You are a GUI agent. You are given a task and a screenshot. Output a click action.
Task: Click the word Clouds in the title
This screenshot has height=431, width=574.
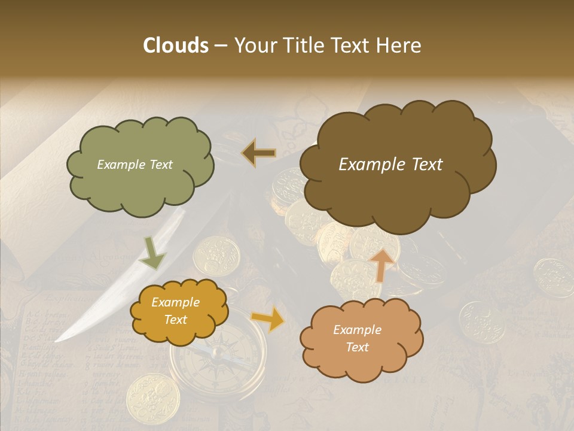pos(175,45)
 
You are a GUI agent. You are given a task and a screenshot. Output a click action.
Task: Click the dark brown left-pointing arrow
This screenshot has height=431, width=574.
pos(258,154)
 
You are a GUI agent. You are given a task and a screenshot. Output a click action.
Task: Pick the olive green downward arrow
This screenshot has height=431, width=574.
pos(152,254)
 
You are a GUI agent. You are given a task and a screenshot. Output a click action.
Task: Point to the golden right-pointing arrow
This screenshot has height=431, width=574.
pos(268,320)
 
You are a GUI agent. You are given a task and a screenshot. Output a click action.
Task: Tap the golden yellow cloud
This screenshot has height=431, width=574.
pos(179,311)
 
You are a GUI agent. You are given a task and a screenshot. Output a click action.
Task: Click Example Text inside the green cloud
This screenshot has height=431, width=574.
pos(135,165)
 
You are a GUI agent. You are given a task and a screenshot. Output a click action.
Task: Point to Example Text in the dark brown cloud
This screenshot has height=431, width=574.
pos(390,165)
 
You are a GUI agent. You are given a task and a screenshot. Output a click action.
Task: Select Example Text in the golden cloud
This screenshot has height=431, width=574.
pos(175,311)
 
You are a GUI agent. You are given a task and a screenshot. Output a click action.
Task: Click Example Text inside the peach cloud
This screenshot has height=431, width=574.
pos(357,338)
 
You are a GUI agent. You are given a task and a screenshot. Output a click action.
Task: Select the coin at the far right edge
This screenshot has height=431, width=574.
pos(552,276)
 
